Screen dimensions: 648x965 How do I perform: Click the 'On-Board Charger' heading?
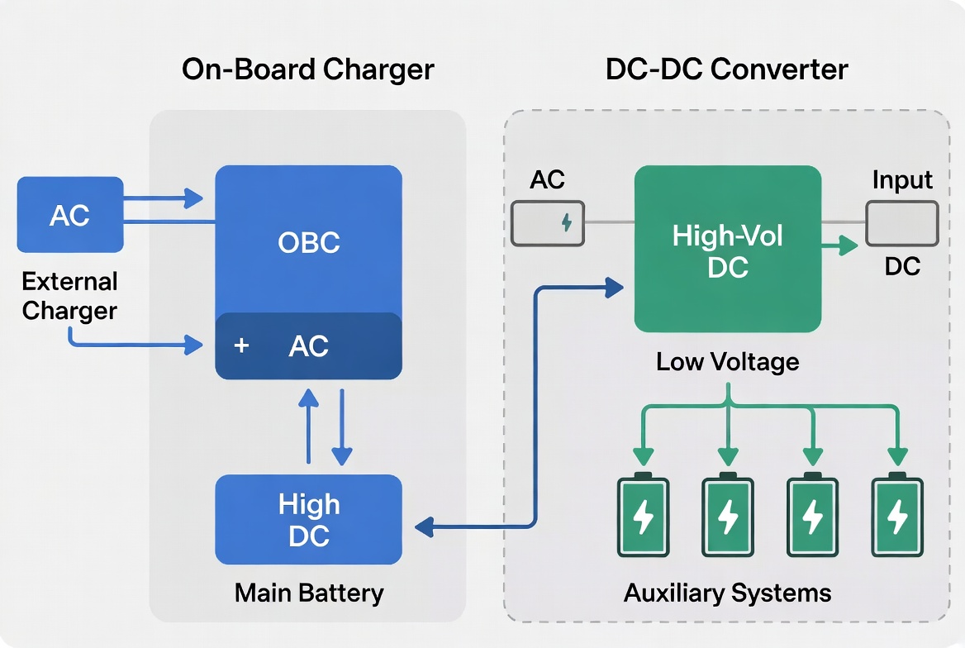[x=307, y=69]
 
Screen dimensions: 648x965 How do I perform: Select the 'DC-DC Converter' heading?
[x=726, y=69]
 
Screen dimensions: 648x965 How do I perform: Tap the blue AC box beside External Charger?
[x=70, y=215]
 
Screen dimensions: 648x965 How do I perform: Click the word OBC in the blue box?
[x=308, y=243]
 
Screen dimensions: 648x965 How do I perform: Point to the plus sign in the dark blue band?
[x=241, y=345]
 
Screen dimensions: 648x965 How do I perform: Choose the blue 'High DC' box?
[x=308, y=520]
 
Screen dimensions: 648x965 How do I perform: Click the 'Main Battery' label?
[x=308, y=593]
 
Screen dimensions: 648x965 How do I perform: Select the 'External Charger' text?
[x=69, y=296]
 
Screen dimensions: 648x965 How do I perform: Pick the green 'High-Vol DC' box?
[x=727, y=250]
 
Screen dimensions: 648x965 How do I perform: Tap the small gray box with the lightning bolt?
[x=549, y=222]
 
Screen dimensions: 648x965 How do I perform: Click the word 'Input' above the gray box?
[x=902, y=180]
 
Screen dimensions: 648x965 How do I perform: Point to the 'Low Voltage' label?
[x=727, y=361]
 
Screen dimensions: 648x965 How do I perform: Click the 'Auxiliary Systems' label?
[x=727, y=593]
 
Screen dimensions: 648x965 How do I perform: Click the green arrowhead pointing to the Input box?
[x=846, y=245]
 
